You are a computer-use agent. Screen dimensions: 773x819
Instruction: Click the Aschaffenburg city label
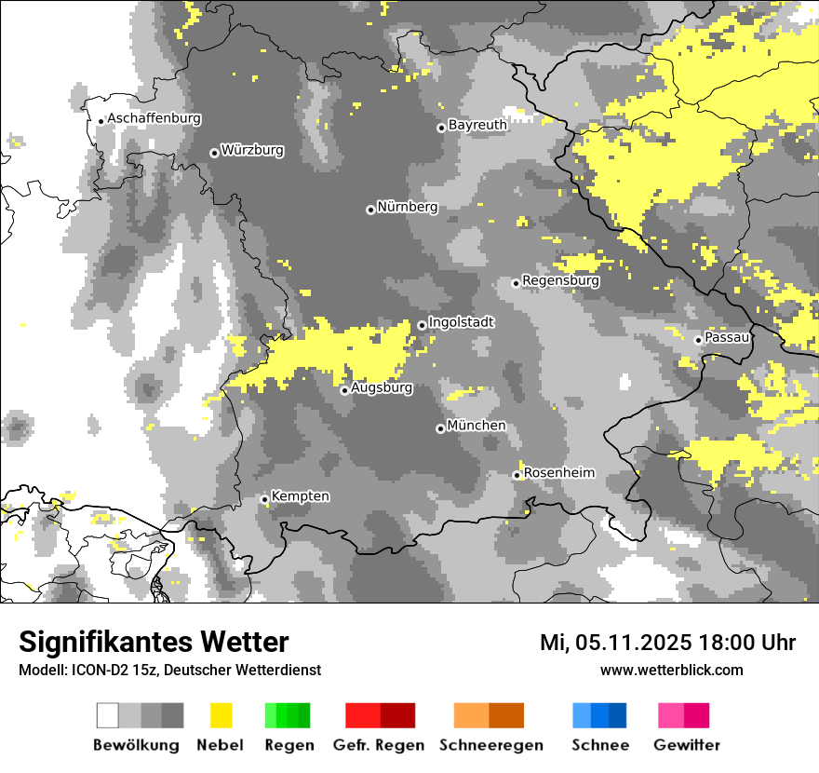click(x=154, y=119)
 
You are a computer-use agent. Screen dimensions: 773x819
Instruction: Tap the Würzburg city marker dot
click(x=214, y=153)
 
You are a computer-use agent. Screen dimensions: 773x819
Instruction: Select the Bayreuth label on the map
click(x=477, y=125)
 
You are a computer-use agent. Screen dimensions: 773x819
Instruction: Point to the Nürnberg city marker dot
click(x=370, y=210)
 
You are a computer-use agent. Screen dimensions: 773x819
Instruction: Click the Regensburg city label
click(x=560, y=280)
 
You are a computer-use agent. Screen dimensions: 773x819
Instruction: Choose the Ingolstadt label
click(x=462, y=322)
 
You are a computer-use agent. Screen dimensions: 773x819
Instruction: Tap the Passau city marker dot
click(x=698, y=340)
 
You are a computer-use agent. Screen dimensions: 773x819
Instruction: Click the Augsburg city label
click(x=382, y=387)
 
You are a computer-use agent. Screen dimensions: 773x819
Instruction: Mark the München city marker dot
click(x=440, y=428)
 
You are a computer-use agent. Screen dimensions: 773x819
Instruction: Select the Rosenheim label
click(x=559, y=473)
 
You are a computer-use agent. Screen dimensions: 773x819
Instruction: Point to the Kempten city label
click(x=301, y=496)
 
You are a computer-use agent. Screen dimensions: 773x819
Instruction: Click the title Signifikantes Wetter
click(x=154, y=643)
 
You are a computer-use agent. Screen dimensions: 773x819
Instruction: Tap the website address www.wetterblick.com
click(x=671, y=670)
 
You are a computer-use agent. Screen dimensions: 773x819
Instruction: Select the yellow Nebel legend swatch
click(x=222, y=715)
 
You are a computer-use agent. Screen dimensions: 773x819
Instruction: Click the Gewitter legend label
click(x=687, y=745)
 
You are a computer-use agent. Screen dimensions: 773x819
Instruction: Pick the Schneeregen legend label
click(x=491, y=745)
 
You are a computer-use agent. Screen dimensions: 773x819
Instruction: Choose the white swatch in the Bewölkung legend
click(x=107, y=715)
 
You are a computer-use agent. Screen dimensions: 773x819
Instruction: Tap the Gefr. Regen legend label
click(x=379, y=745)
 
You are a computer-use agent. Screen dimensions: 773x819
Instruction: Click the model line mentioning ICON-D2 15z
click(x=169, y=670)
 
